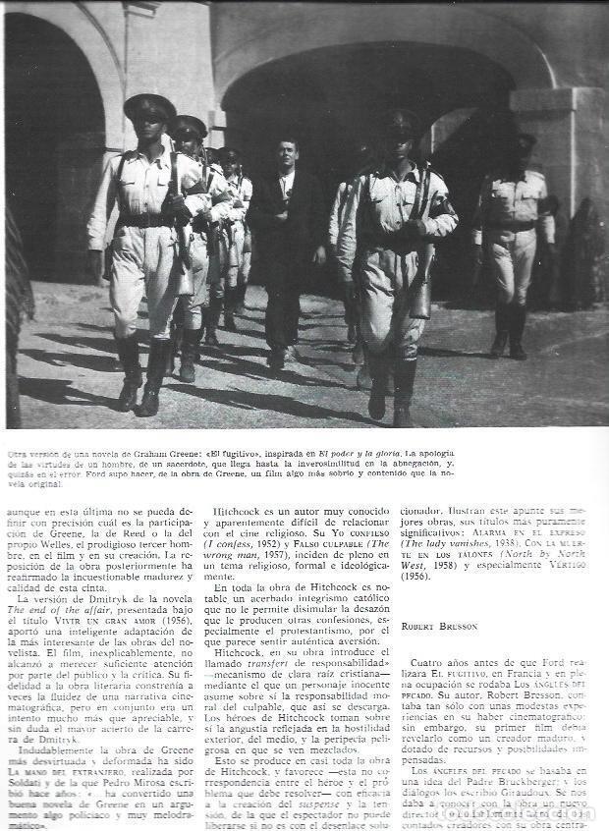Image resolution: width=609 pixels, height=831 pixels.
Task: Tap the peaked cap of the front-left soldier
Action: tap(149, 105)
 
